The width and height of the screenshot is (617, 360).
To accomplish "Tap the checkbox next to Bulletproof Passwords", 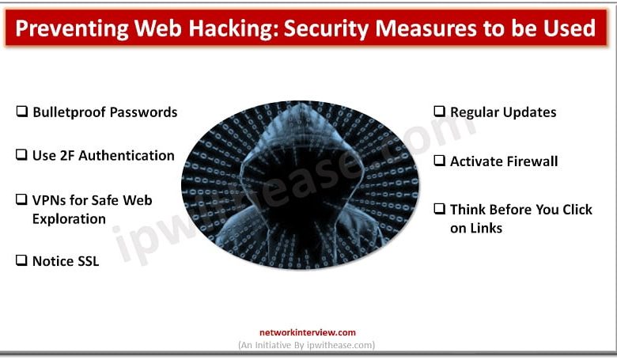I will [x=21, y=112].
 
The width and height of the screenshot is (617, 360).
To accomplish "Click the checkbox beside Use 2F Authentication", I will [x=21, y=155].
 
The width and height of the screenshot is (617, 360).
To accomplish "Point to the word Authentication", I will [x=123, y=155].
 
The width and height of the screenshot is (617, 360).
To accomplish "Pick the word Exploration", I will [x=69, y=218].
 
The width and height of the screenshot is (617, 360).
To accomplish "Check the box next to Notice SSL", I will [x=21, y=260].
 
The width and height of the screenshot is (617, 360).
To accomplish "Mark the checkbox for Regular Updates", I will [x=439, y=112].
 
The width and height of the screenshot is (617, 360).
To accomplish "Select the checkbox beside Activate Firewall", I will [x=439, y=161].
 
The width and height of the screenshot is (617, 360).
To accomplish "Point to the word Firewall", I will [x=532, y=161].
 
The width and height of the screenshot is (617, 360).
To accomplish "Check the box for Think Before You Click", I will [x=439, y=210].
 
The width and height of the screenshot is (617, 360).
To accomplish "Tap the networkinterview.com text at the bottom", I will [x=308, y=333].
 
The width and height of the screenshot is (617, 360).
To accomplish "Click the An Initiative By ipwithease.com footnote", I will [x=307, y=345].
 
